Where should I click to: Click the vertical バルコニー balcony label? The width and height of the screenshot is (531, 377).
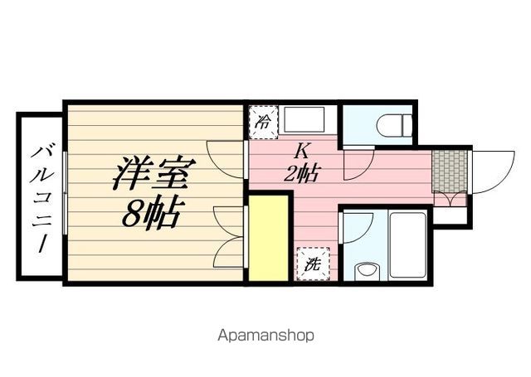[x=39, y=197]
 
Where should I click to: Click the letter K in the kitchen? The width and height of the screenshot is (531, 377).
[x=303, y=151]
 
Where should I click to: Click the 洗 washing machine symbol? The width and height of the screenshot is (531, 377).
[x=312, y=264]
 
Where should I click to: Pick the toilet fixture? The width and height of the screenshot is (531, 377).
[x=393, y=124]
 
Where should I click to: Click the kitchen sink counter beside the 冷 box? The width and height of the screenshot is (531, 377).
[x=308, y=121]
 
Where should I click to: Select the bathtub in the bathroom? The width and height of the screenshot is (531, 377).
[x=407, y=244]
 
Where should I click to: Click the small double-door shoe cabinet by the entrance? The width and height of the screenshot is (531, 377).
[x=450, y=199]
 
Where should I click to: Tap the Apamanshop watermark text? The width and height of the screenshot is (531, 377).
[x=265, y=336]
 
